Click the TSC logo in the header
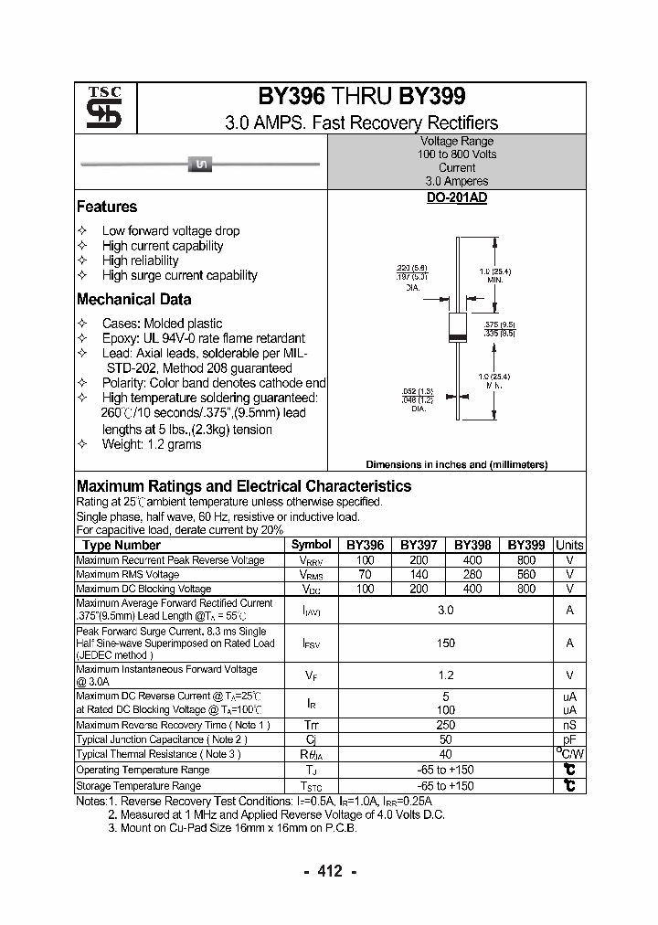tap(98, 109)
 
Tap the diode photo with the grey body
tap(200, 165)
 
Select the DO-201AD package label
tap(456, 197)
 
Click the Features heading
tap(107, 207)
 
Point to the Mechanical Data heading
tap(134, 299)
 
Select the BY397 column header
tap(419, 545)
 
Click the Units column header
tap(569, 545)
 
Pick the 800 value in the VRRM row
tap(526, 559)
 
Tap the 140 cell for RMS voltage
tap(419, 574)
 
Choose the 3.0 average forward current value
tap(446, 610)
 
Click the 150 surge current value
tap(446, 643)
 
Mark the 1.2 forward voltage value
tap(446, 675)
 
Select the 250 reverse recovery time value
tap(446, 725)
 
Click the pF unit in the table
tap(569, 739)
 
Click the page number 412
tap(329, 871)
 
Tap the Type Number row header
tap(121, 545)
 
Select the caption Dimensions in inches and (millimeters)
tap(456, 464)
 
